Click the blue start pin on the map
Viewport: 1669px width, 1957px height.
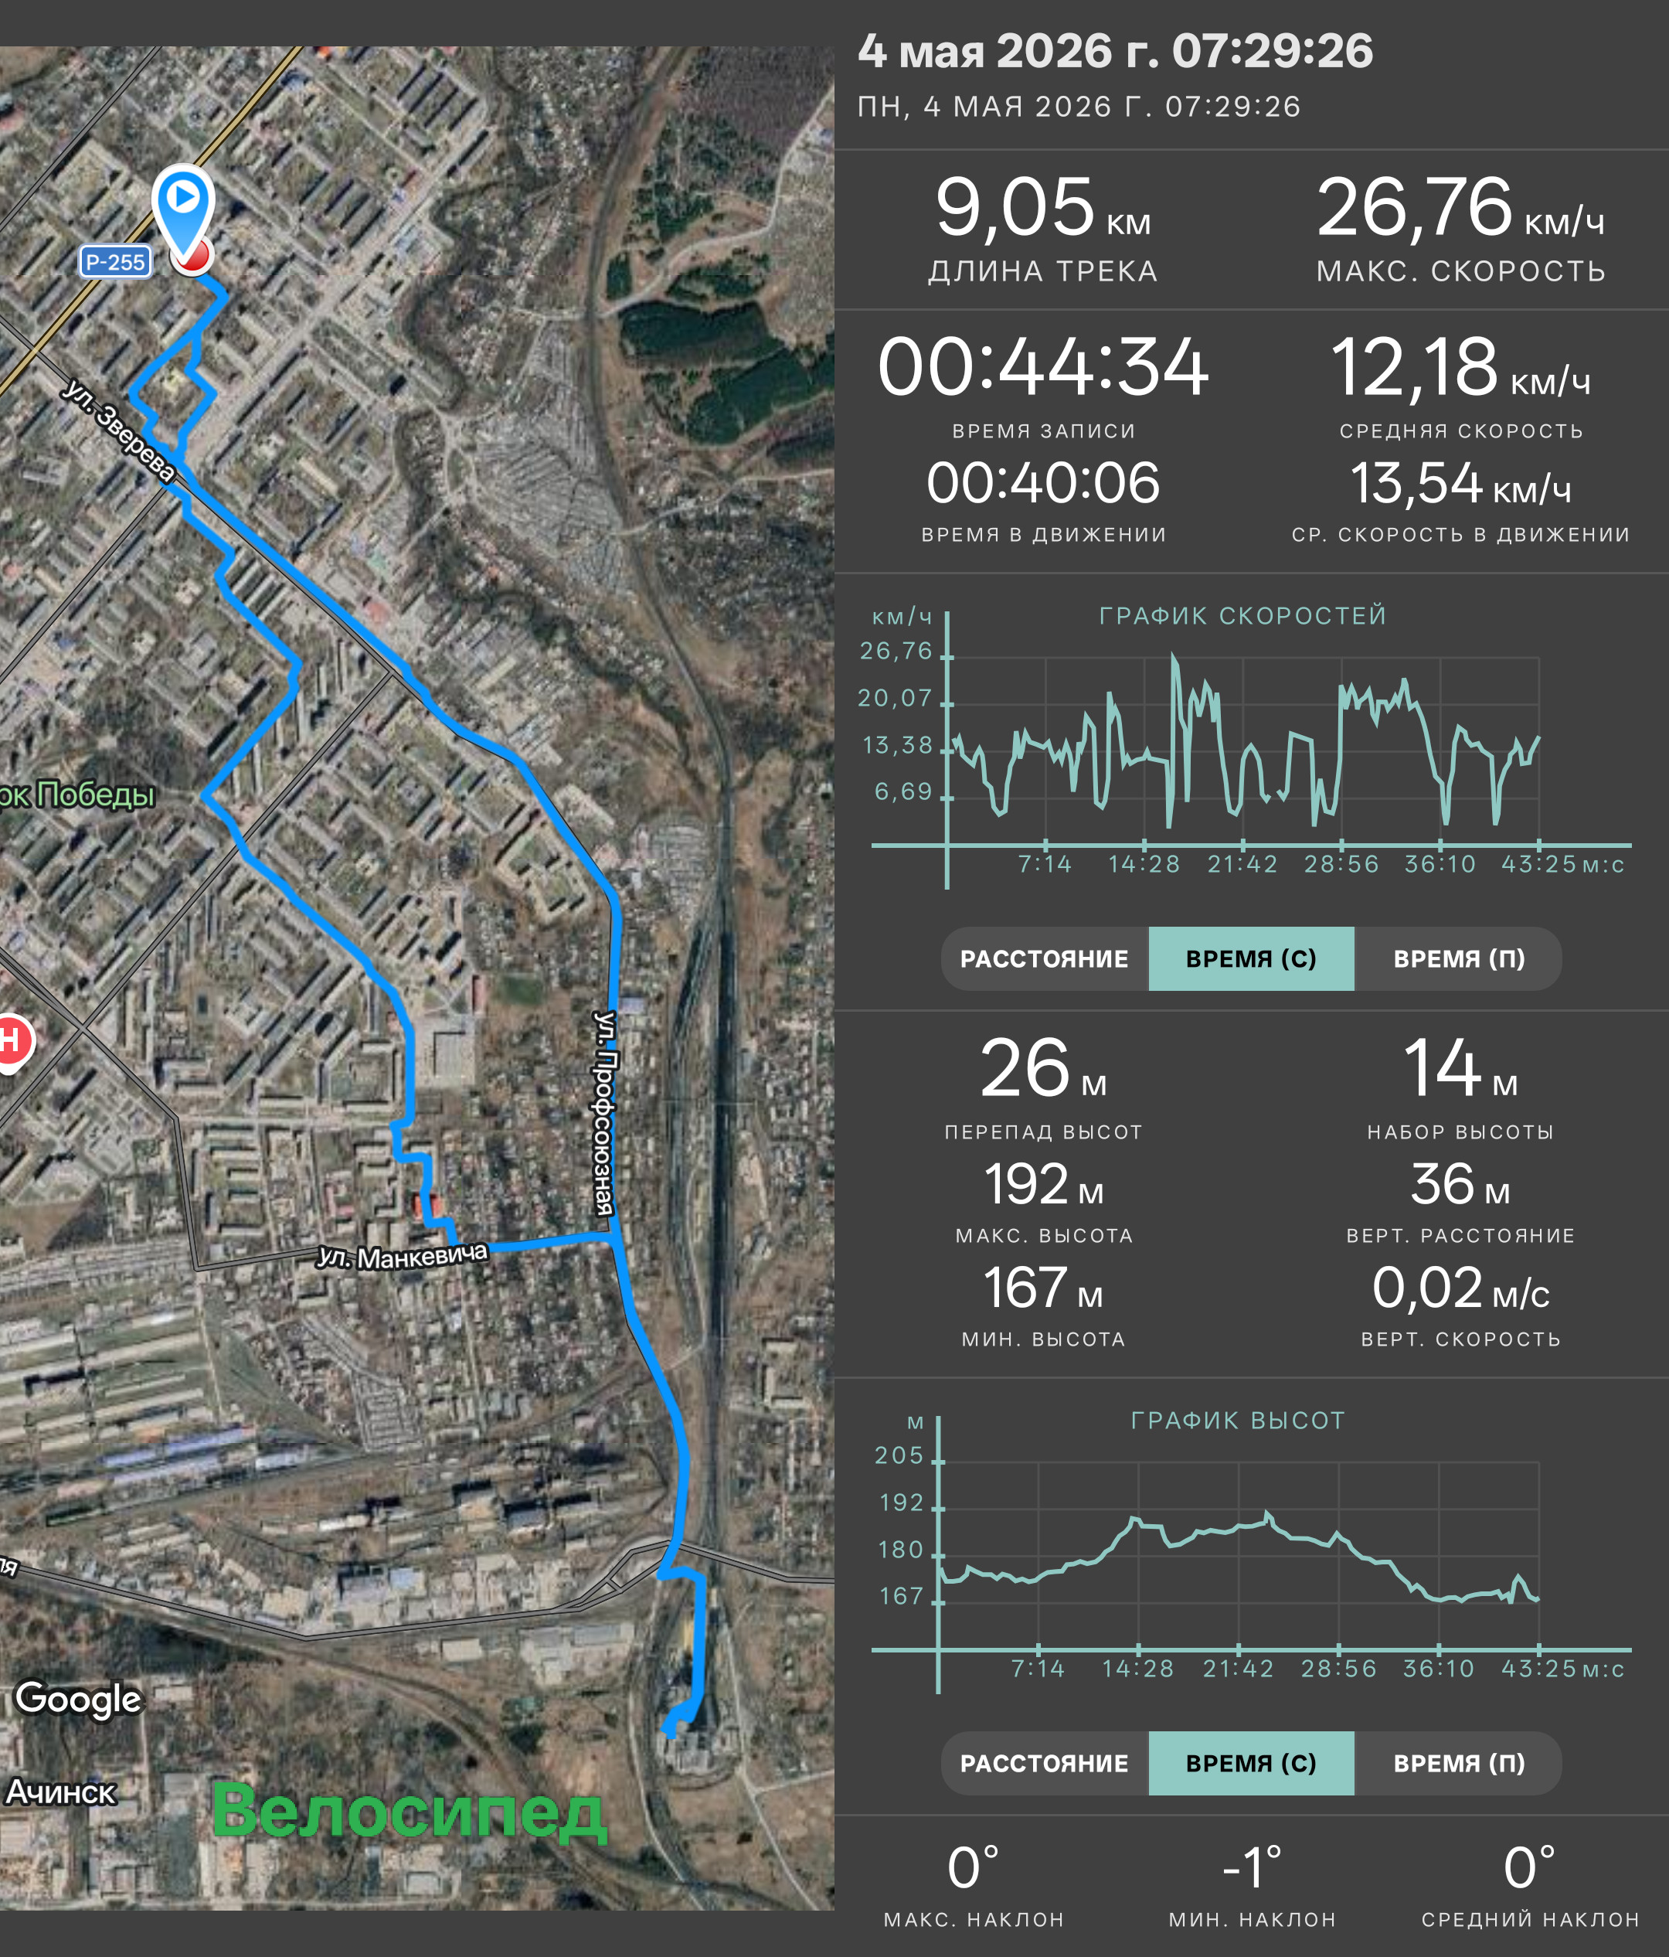pos(183,213)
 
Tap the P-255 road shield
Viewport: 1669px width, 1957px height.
pos(115,261)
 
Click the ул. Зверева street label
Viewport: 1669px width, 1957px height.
pos(119,431)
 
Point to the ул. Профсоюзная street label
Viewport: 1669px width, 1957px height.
pos(604,1113)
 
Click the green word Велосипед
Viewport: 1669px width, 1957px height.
pos(408,1811)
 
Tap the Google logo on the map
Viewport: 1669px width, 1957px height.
pos(78,1698)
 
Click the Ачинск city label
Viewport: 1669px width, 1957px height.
pos(60,1792)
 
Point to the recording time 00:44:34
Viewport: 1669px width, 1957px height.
pos(1043,366)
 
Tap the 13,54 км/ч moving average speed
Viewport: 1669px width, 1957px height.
pos(1460,484)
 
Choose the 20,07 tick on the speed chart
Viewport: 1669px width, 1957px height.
pos(895,698)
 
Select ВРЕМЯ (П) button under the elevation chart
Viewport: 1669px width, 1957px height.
pos(1459,1763)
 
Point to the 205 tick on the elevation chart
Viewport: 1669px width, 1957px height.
pos(899,1455)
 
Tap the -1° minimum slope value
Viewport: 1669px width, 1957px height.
pos(1252,1867)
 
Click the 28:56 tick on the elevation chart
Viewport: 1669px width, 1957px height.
pos(1338,1669)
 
